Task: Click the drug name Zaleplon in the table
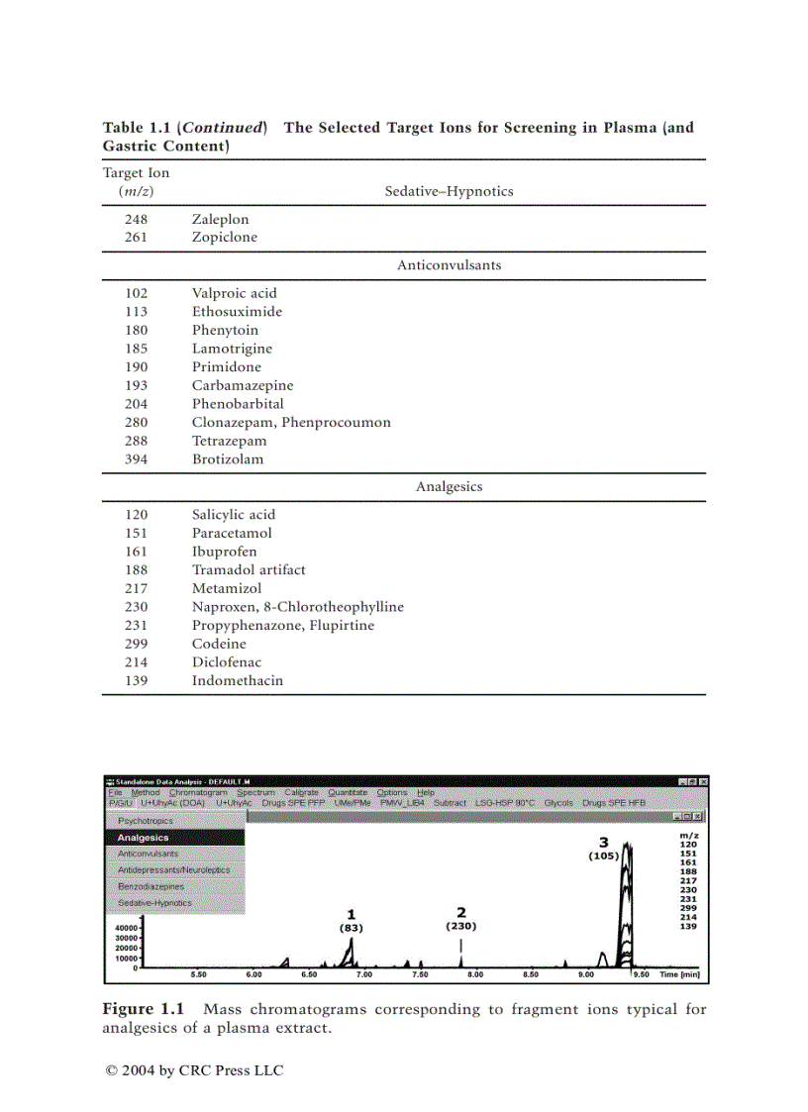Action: pyautogui.click(x=220, y=220)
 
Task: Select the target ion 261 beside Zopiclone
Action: pyautogui.click(x=136, y=238)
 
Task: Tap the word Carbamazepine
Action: pyautogui.click(x=243, y=385)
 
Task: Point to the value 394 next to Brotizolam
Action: pyautogui.click(x=136, y=459)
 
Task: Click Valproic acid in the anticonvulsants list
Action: pyautogui.click(x=234, y=293)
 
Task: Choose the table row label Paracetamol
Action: pyautogui.click(x=232, y=533)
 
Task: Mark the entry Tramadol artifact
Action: pyautogui.click(x=249, y=570)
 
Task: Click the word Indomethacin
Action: pyautogui.click(x=237, y=680)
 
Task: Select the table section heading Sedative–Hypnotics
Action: pyautogui.click(x=449, y=191)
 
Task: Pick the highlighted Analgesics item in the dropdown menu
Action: pyautogui.click(x=144, y=838)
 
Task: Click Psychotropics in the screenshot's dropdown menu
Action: pyautogui.click(x=146, y=821)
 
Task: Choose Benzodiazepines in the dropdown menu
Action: pyautogui.click(x=151, y=886)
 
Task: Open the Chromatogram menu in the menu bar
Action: pyautogui.click(x=198, y=792)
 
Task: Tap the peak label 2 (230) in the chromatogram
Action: pyautogui.click(x=460, y=919)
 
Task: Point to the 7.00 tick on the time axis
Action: pyautogui.click(x=363, y=974)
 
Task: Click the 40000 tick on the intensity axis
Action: pyautogui.click(x=126, y=928)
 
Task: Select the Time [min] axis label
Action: pyautogui.click(x=679, y=974)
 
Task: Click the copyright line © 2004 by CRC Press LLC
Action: pyautogui.click(x=194, y=1070)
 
